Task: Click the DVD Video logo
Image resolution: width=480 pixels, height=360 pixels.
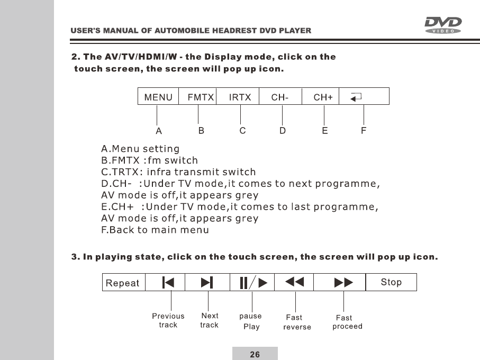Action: click(443, 25)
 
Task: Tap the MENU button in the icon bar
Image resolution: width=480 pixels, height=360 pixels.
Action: click(159, 97)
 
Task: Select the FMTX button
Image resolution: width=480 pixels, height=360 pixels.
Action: click(200, 97)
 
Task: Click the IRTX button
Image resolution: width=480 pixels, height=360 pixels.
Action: click(240, 97)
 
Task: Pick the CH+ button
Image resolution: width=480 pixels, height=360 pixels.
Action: click(323, 97)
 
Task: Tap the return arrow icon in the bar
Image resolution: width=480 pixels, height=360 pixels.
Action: click(357, 97)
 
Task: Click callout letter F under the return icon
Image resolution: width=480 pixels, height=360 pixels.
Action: click(364, 130)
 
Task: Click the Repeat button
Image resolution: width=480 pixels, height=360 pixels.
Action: click(122, 283)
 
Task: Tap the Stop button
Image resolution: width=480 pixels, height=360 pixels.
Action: click(391, 282)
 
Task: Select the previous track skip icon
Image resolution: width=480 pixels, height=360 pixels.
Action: click(168, 283)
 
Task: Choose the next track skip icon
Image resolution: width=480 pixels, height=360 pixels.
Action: click(207, 283)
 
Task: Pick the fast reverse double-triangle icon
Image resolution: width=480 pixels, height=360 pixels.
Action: click(294, 283)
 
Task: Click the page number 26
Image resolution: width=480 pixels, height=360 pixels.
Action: click(255, 354)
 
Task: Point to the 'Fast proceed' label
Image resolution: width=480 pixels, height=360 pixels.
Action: click(347, 322)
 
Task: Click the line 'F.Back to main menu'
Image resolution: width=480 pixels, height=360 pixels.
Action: click(155, 230)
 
